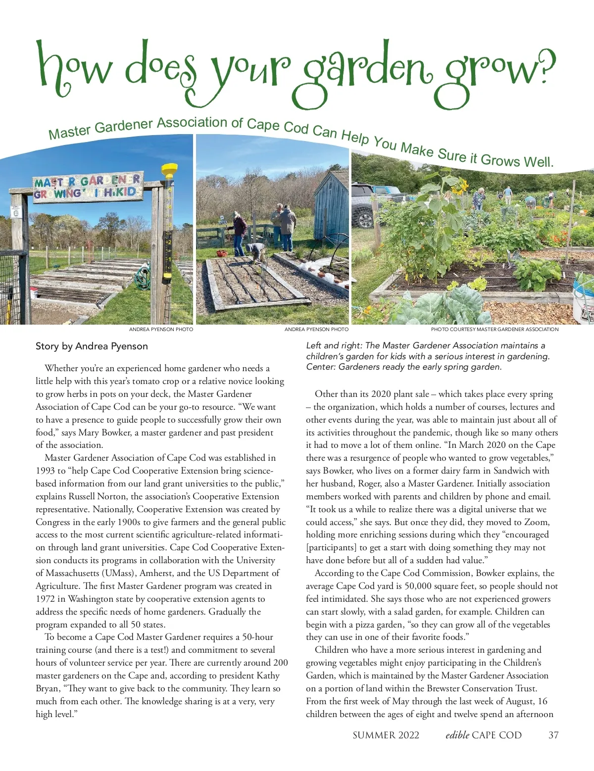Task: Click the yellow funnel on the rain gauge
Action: (x=169, y=171)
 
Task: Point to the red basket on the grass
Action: (x=222, y=253)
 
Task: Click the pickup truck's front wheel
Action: (x=365, y=218)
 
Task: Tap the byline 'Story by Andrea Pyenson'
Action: (x=92, y=346)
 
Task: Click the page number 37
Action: (x=553, y=735)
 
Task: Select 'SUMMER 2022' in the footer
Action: (x=386, y=735)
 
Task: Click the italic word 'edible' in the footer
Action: (x=457, y=735)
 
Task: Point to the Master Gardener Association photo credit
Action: (x=495, y=329)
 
